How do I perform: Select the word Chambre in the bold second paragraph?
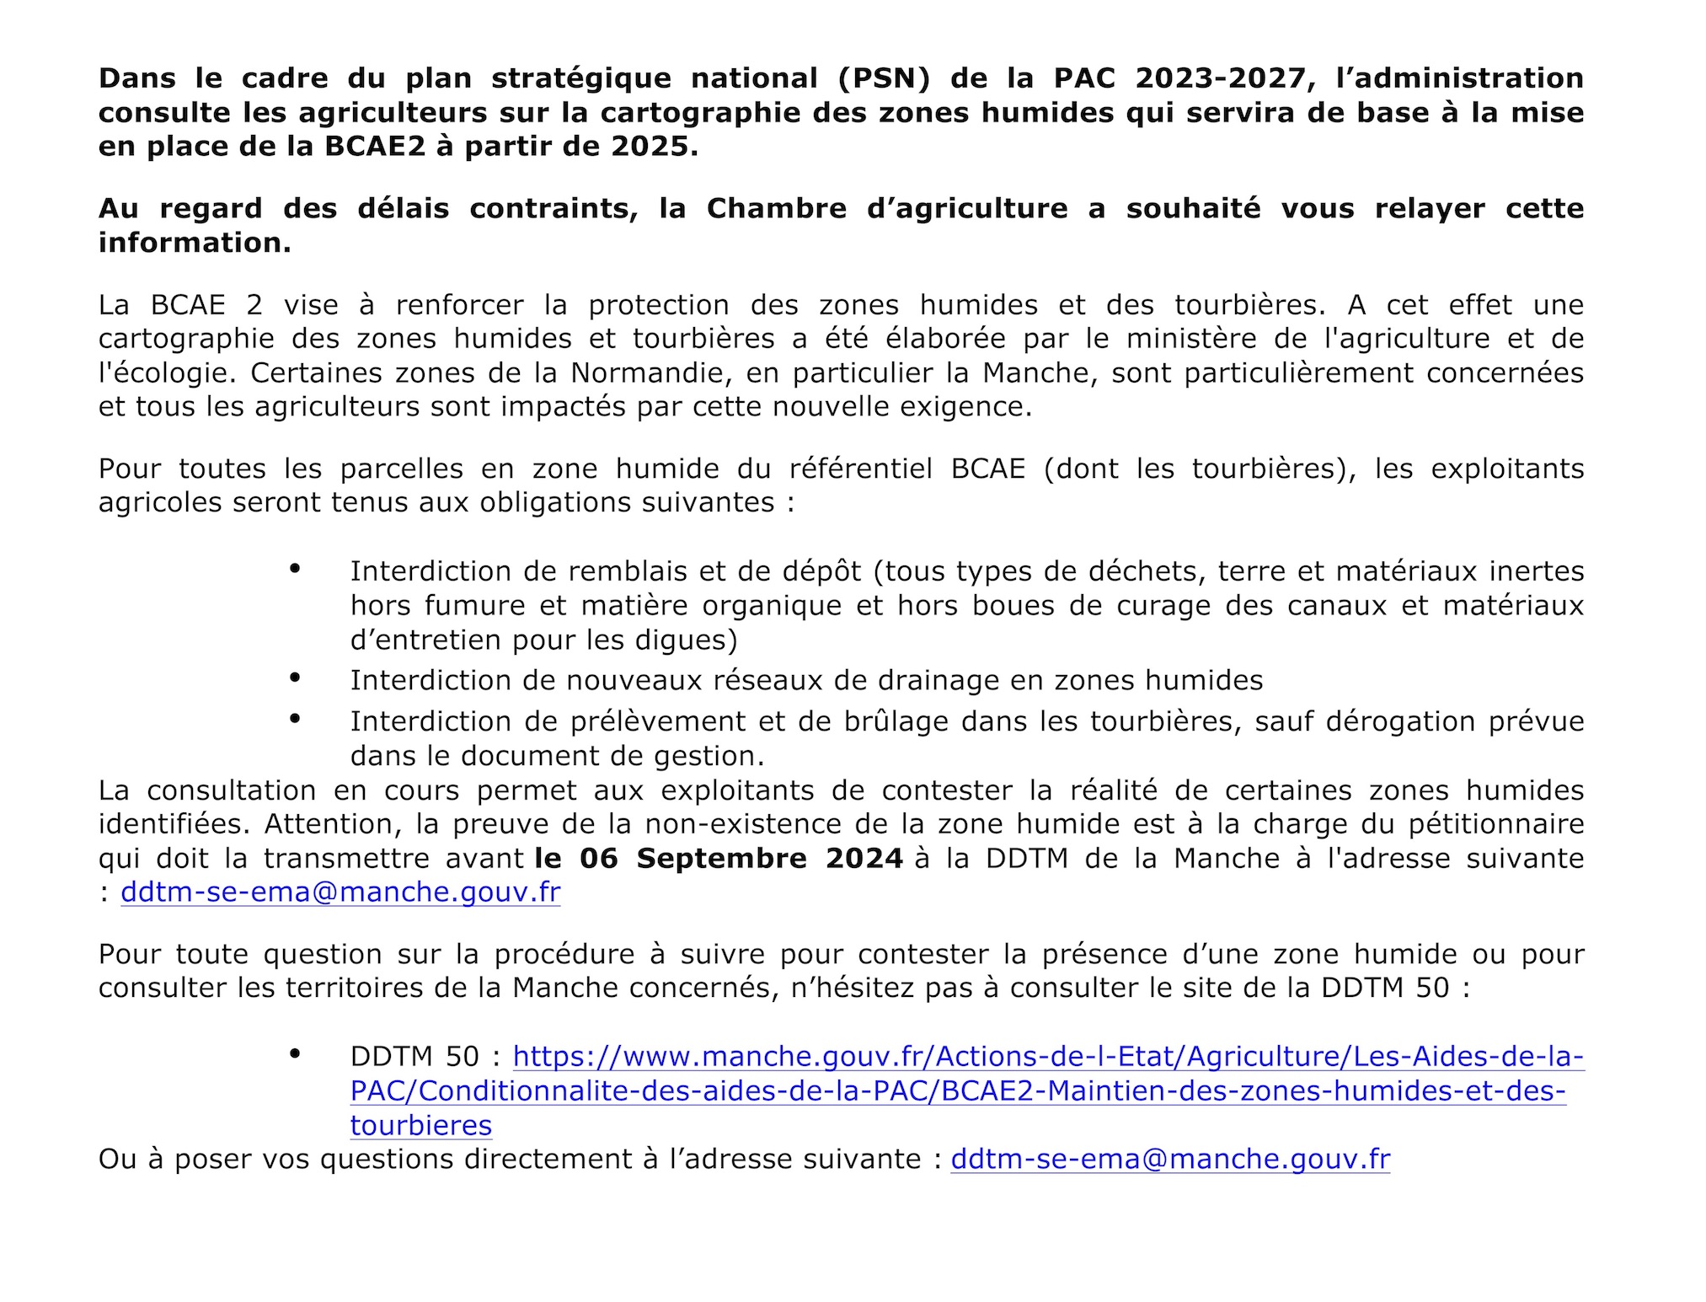776,208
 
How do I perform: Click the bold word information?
195,243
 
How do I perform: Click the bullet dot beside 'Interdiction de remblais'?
295,569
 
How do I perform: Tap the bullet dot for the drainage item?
295,677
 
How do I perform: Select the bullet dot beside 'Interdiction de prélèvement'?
295,718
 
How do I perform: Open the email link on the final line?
1170,1160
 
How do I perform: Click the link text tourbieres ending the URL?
421,1126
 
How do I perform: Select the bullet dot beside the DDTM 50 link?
295,1053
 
